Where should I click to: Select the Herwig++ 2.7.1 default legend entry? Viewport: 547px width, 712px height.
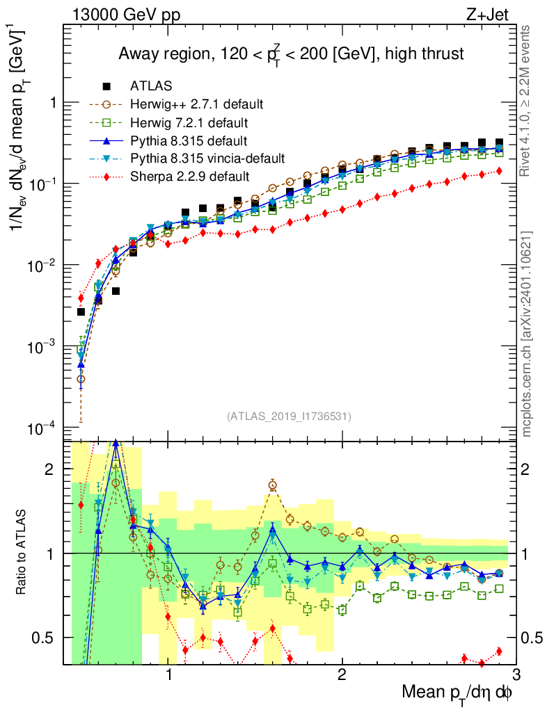pos(196,104)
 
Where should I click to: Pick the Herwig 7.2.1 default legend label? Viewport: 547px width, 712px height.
pos(190,122)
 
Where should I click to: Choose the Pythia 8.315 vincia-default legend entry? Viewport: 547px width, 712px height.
pos(207,159)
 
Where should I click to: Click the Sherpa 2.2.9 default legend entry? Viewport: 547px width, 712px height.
pos(189,177)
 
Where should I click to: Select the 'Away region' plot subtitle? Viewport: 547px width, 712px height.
pos(291,54)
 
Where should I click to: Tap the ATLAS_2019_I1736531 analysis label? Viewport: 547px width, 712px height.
pos(289,416)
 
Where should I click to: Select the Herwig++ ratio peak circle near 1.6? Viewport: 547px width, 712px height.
pos(273,485)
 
